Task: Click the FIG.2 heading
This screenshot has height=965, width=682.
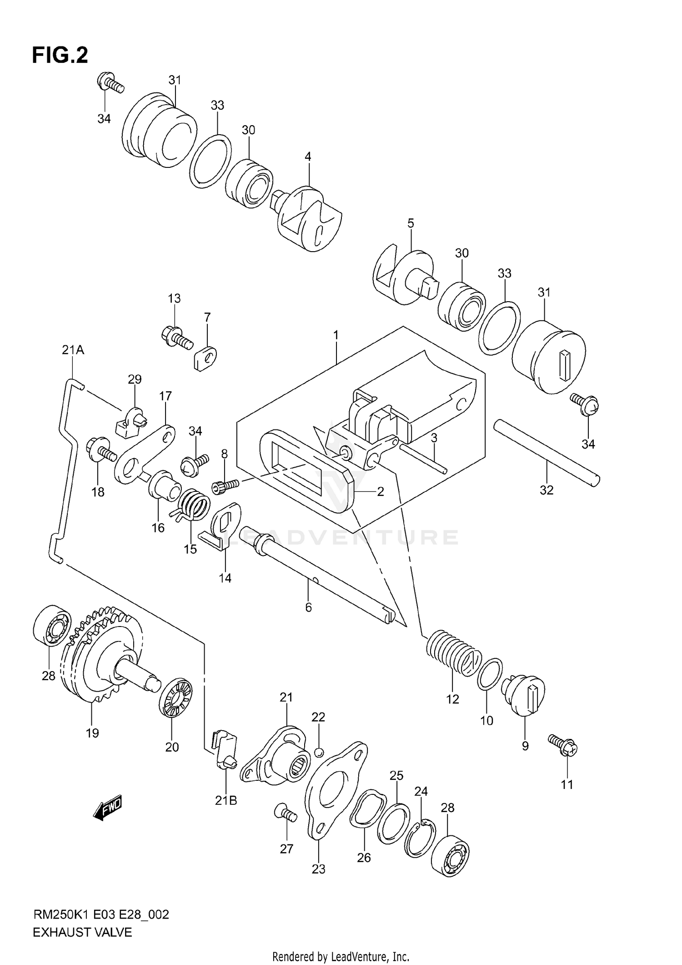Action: pos(60,55)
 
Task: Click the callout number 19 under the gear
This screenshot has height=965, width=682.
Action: pos(92,733)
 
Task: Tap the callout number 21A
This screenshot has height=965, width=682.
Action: pos(73,350)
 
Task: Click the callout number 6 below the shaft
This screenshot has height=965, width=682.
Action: pos(308,607)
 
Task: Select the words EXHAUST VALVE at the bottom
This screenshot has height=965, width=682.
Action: pos(82,932)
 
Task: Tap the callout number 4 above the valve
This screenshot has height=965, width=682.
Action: pos(308,157)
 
